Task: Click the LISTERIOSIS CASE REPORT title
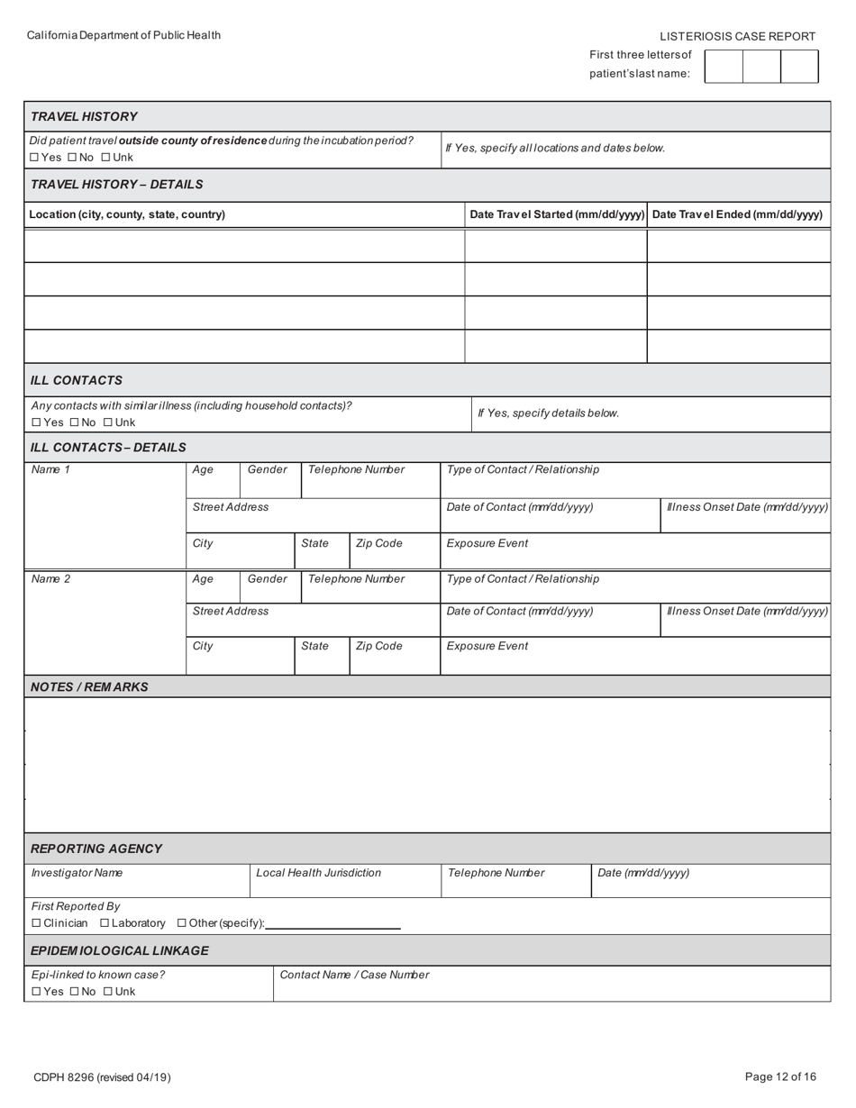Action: (x=737, y=36)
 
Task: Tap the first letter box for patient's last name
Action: (x=723, y=67)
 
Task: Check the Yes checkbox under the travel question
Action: (x=34, y=158)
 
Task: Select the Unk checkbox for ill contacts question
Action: (x=108, y=422)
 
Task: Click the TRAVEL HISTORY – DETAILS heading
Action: (x=116, y=184)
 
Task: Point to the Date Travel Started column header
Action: (x=557, y=214)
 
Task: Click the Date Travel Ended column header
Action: (x=737, y=214)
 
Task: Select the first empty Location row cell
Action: (x=243, y=246)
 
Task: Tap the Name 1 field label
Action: (x=50, y=469)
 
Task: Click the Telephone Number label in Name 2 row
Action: (x=356, y=579)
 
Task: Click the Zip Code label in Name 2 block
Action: (x=378, y=646)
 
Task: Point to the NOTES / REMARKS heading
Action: (x=89, y=686)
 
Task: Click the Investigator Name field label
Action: (x=77, y=873)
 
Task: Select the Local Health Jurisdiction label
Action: (x=318, y=873)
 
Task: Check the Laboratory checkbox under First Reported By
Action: (x=105, y=923)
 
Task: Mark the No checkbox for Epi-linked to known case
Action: (x=74, y=992)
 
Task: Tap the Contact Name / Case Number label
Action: (x=354, y=975)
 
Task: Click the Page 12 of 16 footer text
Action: (x=780, y=1076)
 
